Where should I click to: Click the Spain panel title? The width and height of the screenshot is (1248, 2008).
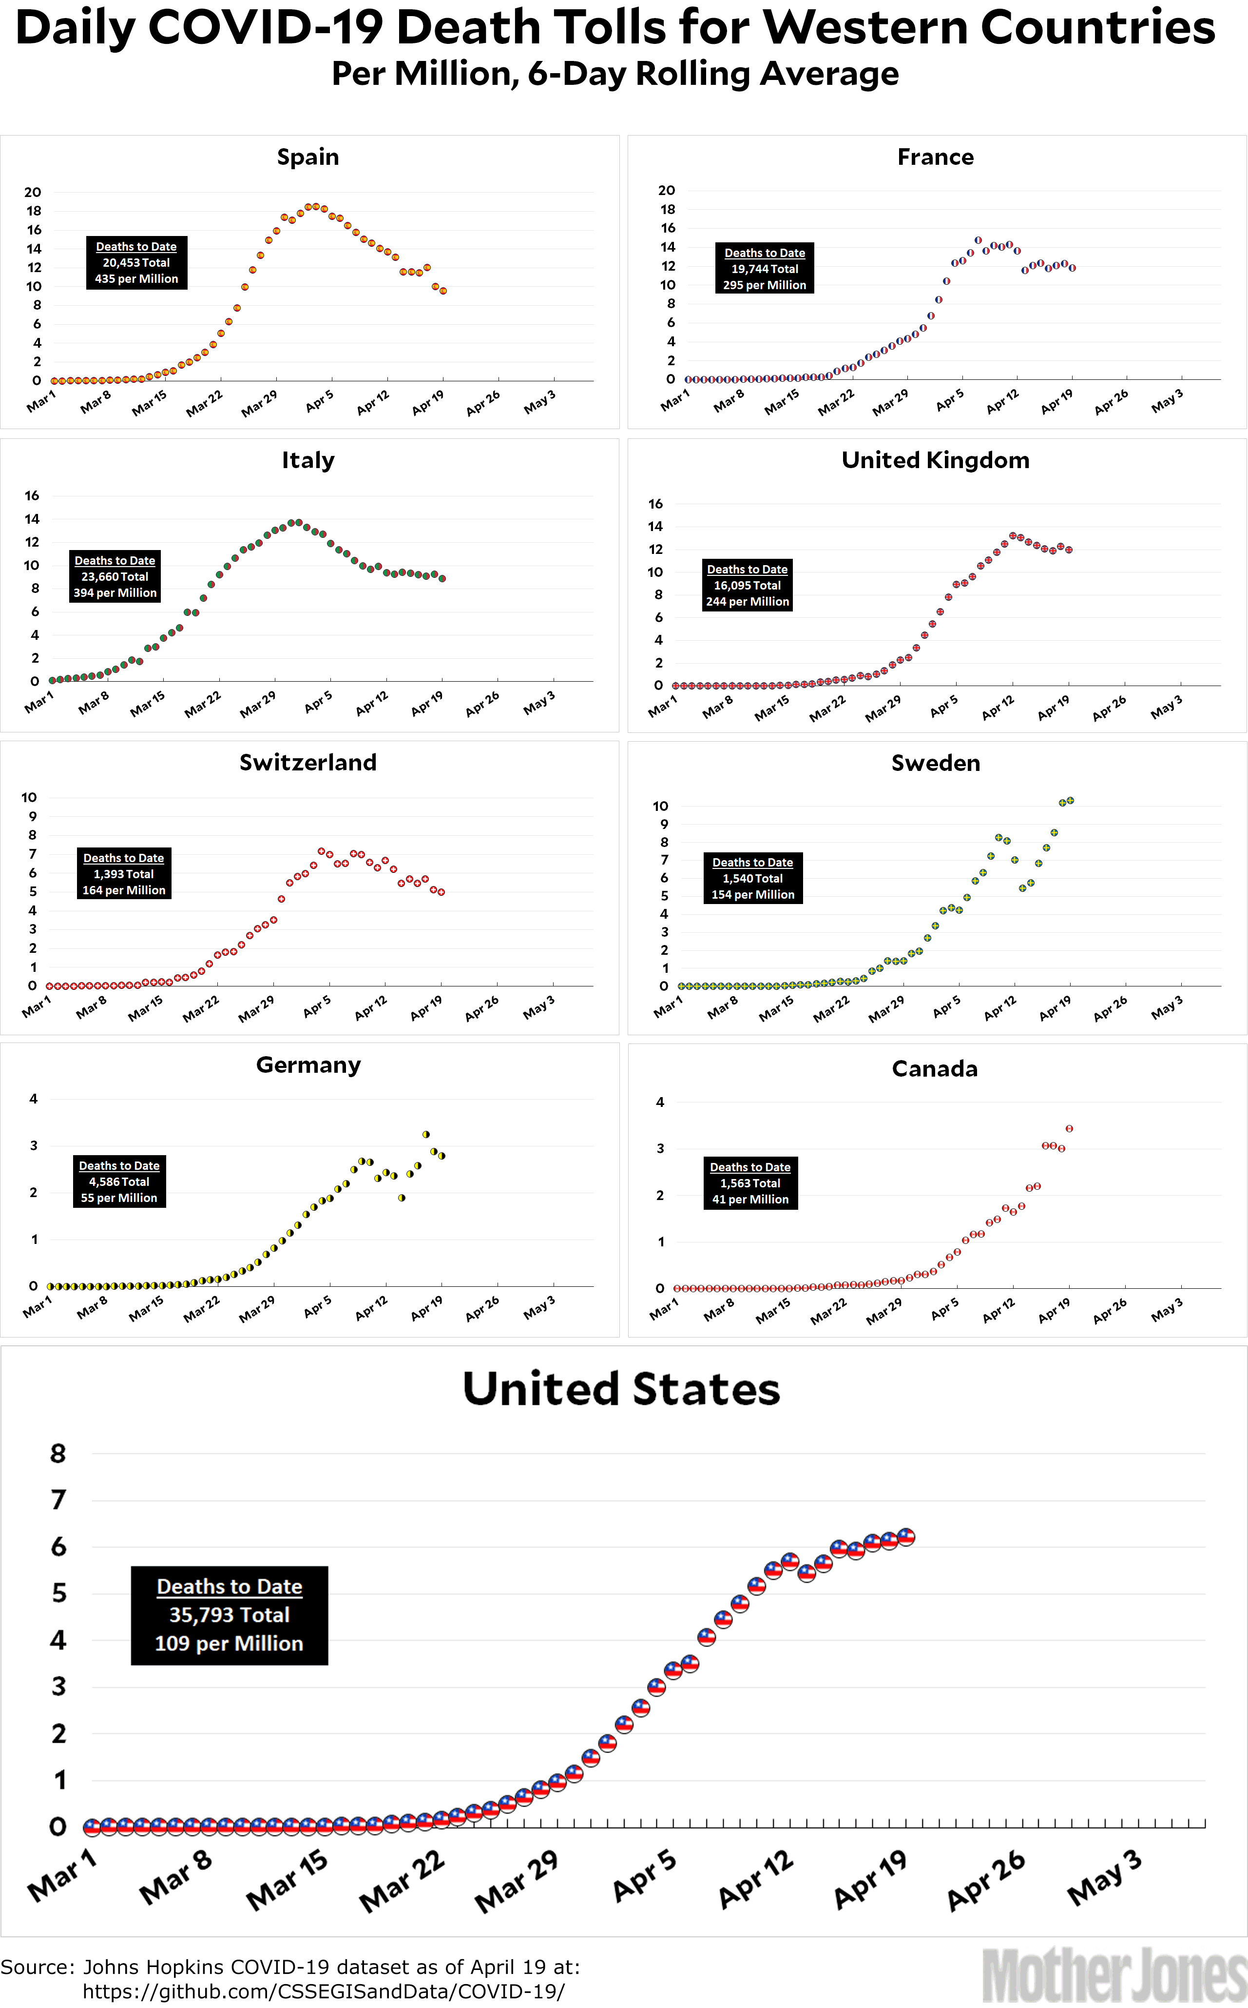[x=308, y=157]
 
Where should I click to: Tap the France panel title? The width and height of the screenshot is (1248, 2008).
[x=935, y=157]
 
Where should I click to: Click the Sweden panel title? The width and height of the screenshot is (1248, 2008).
[x=935, y=763]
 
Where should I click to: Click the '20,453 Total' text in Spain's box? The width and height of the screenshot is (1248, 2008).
[x=136, y=262]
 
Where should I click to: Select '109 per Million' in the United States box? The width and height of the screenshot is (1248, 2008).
[x=230, y=1643]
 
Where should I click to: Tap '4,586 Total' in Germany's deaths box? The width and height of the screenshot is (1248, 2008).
[x=119, y=1181]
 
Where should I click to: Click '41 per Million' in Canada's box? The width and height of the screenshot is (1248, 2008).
[x=750, y=1199]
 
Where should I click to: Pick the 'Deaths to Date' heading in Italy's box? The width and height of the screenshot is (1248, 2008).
[x=115, y=561]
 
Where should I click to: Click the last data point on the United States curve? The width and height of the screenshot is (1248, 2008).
[x=905, y=1536]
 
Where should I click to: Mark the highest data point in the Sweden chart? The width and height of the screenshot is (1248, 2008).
[x=1070, y=801]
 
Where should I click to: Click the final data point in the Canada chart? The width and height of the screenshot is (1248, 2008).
[x=1069, y=1129]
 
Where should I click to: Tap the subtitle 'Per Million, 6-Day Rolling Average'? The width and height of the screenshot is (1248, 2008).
[x=615, y=74]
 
